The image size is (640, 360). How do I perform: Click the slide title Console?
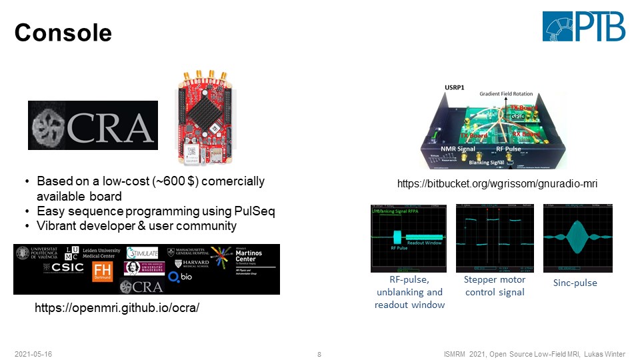(63, 31)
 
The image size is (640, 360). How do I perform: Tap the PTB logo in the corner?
(584, 26)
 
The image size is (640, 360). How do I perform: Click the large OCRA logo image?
(93, 125)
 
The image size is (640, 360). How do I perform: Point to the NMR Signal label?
(457, 149)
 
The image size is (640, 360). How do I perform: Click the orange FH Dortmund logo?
(103, 271)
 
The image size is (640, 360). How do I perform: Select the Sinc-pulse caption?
(575, 283)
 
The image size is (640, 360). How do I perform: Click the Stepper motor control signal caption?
(494, 286)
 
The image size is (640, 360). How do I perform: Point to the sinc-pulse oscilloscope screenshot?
(578, 239)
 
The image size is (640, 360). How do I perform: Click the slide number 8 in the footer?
(319, 353)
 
